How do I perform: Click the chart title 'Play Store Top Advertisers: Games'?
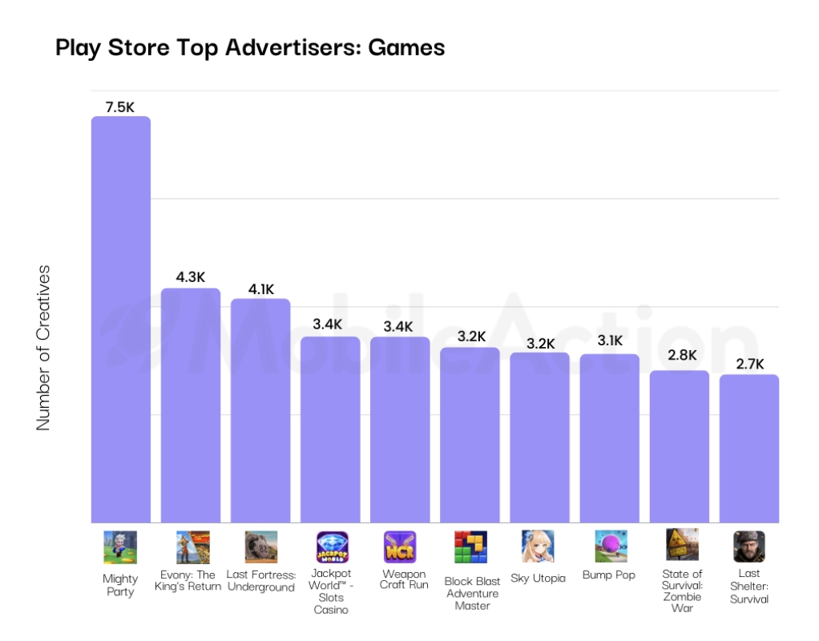tap(250, 48)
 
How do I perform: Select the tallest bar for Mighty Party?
tap(120, 320)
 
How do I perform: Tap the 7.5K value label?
tap(120, 106)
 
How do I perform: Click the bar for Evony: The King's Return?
tap(191, 405)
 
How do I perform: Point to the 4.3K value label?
tap(191, 277)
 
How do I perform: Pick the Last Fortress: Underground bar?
tap(260, 410)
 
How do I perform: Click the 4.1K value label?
tap(260, 288)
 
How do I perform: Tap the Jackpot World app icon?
tap(331, 547)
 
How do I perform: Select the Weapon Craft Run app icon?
tap(400, 547)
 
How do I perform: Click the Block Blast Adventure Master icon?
tap(470, 547)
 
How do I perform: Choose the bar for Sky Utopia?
tap(540, 437)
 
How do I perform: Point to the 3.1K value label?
tap(610, 341)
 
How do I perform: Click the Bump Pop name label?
tap(609, 575)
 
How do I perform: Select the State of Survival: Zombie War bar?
tap(680, 446)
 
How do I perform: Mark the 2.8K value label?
tap(680, 356)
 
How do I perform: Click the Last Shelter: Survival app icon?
tap(748, 546)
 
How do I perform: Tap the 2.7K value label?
tap(749, 364)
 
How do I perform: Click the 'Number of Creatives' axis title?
tap(43, 347)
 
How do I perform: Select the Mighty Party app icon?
tap(120, 547)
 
